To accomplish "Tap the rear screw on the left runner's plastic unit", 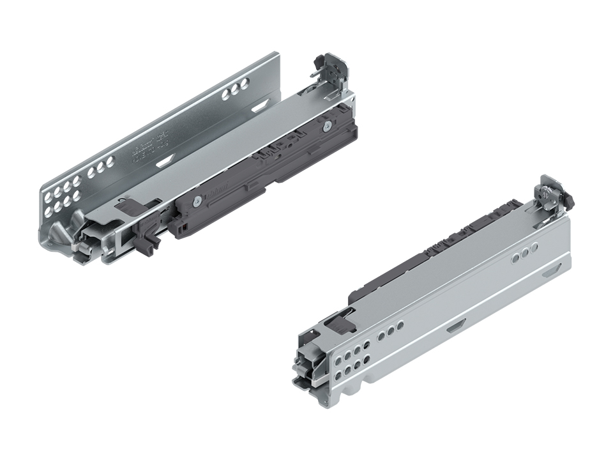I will pos(328,125).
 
